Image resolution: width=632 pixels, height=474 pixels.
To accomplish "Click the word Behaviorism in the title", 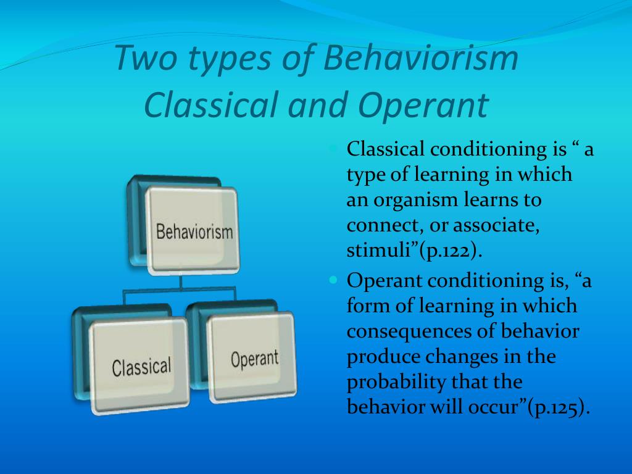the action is [x=420, y=58].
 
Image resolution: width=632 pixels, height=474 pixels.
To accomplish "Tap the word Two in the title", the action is [x=146, y=58].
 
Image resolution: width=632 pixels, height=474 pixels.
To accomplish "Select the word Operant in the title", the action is [x=423, y=106].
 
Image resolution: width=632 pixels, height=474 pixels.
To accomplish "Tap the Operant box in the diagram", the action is [x=252, y=357].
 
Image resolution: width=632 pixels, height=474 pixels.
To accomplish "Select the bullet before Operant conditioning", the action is [x=333, y=280].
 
